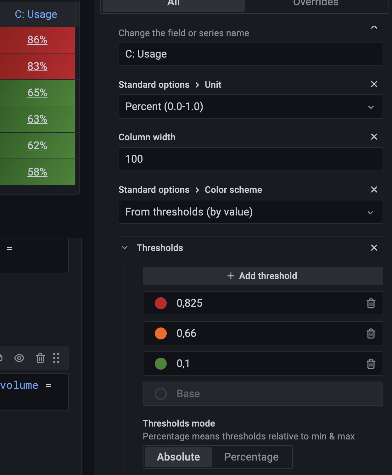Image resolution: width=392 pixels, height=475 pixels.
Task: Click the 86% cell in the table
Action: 37,40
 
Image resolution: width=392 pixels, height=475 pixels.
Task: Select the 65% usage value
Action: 37,93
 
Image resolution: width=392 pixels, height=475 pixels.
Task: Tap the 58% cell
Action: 37,172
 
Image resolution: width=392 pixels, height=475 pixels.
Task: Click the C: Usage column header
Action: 36,14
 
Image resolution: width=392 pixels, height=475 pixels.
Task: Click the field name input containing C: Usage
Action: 250,54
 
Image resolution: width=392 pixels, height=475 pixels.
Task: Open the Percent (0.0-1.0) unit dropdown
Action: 250,107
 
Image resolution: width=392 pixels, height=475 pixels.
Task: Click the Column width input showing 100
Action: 250,159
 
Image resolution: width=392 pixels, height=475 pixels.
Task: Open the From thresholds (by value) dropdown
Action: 250,212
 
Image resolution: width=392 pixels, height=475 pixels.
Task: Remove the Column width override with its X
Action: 374,137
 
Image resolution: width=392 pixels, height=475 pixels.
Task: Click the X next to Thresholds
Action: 374,248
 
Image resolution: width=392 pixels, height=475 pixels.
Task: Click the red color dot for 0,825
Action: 161,303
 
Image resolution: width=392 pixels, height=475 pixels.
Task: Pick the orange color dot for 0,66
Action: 161,333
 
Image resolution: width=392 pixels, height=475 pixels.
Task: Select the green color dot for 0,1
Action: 161,364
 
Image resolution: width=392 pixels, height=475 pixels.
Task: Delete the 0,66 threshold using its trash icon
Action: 371,333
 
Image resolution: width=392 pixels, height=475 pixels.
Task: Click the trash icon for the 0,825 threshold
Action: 371,303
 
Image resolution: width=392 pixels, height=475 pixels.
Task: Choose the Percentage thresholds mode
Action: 251,457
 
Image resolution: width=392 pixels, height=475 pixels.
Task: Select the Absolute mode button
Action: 178,457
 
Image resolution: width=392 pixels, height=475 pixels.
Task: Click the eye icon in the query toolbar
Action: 19,358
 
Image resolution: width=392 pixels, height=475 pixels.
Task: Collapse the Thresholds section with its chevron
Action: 125,248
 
